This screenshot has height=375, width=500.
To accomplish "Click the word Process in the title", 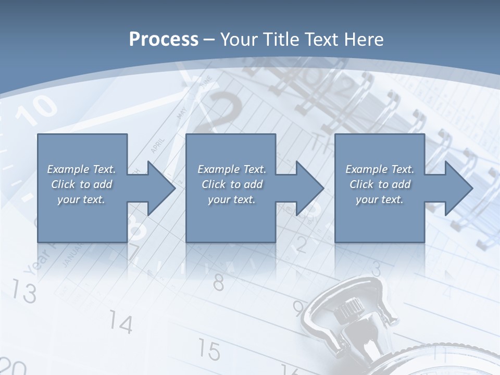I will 164,40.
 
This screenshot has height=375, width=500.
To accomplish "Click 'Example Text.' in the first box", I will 81,169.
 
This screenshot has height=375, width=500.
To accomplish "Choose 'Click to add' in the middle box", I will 232,184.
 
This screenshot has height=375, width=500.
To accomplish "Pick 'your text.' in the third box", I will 380,199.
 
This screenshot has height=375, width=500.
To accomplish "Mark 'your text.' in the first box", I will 81,199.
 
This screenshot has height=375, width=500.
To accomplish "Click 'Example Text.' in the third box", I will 380,169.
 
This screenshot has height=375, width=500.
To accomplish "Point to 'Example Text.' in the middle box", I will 232,169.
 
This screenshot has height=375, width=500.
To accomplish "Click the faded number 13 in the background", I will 24,292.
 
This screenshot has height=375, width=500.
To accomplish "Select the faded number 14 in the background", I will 121,324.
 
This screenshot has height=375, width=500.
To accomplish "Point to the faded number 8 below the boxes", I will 219,283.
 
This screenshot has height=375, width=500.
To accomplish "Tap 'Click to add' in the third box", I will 380,184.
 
